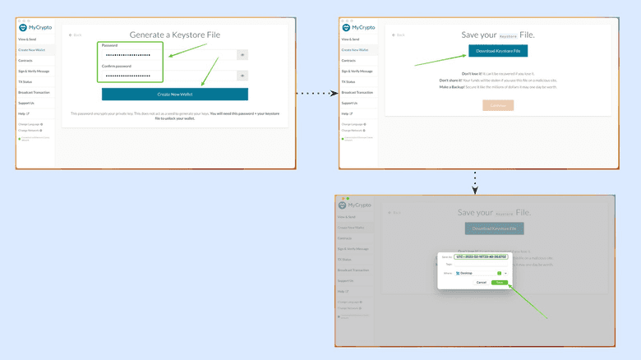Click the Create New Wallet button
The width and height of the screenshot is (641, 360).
click(x=174, y=95)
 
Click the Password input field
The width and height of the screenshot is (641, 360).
click(x=168, y=55)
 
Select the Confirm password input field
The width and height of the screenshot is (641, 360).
click(x=168, y=76)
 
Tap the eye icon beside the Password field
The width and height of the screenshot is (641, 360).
click(x=242, y=55)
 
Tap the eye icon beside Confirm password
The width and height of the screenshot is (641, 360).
click(x=242, y=76)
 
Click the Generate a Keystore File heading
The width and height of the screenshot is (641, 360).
click(x=174, y=34)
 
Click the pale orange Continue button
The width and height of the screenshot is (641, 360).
click(x=498, y=105)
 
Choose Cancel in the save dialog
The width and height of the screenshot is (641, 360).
click(x=481, y=282)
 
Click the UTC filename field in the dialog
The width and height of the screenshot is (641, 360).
click(x=481, y=256)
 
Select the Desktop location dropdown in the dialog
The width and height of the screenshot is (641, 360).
click(x=481, y=272)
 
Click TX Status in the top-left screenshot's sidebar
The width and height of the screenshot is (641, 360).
click(x=26, y=81)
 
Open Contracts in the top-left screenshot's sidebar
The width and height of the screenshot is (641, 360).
click(x=26, y=60)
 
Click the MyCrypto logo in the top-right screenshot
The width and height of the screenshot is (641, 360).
click(x=357, y=27)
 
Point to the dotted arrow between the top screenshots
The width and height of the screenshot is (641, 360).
click(x=317, y=94)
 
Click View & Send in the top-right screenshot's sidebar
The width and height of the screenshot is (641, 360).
click(x=350, y=39)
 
